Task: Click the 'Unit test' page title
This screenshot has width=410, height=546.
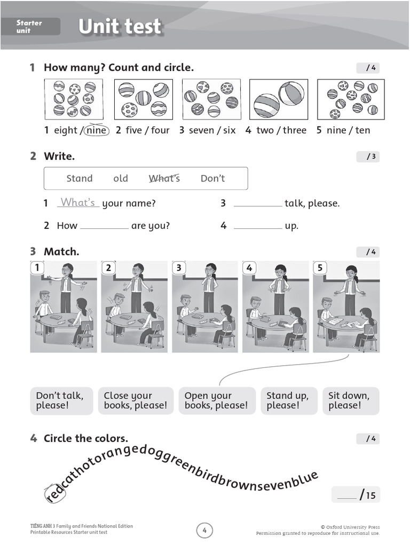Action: (x=120, y=27)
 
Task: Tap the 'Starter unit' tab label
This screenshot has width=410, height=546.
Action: (x=29, y=27)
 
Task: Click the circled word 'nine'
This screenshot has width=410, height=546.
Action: (x=96, y=130)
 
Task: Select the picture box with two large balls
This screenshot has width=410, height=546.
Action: (x=279, y=99)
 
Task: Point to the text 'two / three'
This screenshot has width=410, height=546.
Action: (x=281, y=130)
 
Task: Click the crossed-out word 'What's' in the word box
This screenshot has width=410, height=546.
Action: (x=164, y=178)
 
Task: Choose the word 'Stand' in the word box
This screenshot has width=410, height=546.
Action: (x=79, y=178)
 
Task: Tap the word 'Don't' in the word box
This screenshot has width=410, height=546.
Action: (x=212, y=178)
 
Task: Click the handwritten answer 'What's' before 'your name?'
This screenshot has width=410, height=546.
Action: (x=78, y=203)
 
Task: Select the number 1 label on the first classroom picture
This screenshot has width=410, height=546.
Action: (x=37, y=268)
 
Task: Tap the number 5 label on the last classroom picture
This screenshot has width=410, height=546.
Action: (x=320, y=268)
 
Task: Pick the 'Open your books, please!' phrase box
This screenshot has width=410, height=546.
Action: (x=216, y=400)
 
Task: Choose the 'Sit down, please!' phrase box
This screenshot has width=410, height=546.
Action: (x=351, y=400)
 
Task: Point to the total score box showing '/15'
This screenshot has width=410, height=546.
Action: (x=356, y=495)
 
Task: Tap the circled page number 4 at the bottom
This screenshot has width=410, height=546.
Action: (x=204, y=530)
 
